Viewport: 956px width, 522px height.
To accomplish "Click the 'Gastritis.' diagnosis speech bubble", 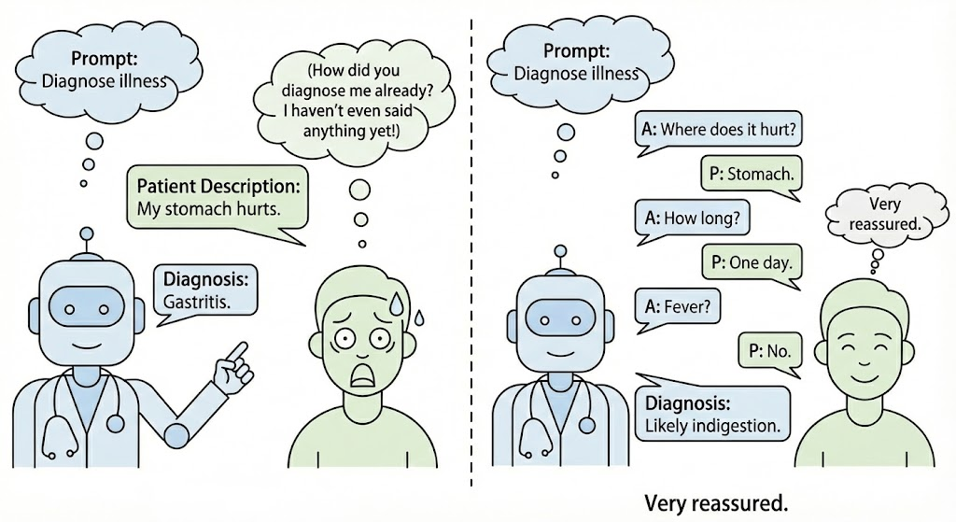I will pyautogui.click(x=206, y=290).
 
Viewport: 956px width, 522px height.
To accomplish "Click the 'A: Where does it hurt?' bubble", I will pyautogui.click(x=718, y=129).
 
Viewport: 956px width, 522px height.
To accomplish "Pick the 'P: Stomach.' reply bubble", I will pyautogui.click(x=752, y=174).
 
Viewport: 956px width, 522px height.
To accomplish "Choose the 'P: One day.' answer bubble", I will pyautogui.click(x=752, y=262).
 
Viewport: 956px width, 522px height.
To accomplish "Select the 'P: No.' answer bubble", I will pyautogui.click(x=769, y=351).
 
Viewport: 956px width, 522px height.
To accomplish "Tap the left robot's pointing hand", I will pyautogui.click(x=230, y=369).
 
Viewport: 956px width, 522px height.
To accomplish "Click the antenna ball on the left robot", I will pyautogui.click(x=88, y=233).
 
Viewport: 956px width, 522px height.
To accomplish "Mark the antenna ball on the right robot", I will pyautogui.click(x=560, y=251).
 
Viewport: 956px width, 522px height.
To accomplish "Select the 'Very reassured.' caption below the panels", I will pyautogui.click(x=716, y=503).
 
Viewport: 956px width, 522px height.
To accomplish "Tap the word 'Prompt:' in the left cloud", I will pyautogui.click(x=103, y=58).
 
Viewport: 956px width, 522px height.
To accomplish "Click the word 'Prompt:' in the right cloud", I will pyautogui.click(x=575, y=50).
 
